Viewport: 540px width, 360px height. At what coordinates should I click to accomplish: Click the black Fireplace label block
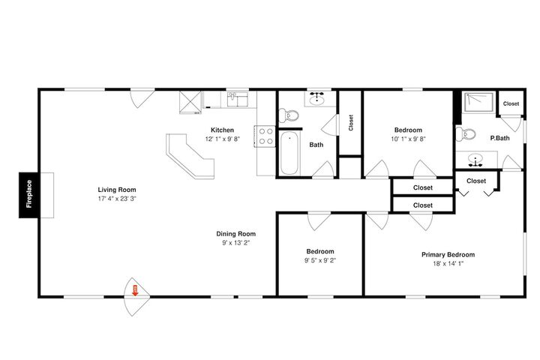pos(30,195)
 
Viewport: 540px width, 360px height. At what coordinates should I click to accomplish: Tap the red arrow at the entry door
pos(135,290)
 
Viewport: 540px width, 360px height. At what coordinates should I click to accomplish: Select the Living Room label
pos(117,190)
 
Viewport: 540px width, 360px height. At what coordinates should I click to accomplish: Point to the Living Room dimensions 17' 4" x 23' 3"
pos(117,199)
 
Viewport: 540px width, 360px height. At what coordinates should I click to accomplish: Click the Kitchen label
pos(222,130)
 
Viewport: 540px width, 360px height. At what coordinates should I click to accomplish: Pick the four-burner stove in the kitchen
pos(265,136)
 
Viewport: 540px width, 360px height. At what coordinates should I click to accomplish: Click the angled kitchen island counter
pos(190,156)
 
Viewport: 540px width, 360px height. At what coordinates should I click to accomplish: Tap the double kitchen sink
pos(238,100)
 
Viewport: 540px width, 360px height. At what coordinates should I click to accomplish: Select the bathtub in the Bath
pos(289,154)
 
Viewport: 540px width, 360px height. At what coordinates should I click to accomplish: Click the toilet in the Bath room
pos(289,115)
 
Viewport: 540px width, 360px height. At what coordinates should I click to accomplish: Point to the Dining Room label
pos(236,234)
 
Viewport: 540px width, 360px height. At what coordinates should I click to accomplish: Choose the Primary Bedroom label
pos(448,254)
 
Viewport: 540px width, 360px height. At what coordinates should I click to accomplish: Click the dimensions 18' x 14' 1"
pos(448,264)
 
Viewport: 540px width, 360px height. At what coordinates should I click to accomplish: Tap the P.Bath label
pos(499,138)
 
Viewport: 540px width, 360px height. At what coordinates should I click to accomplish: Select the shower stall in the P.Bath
pos(478,102)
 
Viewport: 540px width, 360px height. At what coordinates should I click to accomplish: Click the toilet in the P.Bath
pos(466,133)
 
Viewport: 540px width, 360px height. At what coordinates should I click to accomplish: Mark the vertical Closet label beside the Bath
pos(351,123)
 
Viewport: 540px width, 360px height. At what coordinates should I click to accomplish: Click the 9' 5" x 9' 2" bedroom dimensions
pos(320,260)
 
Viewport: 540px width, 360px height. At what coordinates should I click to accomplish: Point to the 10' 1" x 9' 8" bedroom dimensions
pos(408,139)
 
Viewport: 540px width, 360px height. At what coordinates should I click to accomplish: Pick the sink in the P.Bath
pos(475,160)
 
